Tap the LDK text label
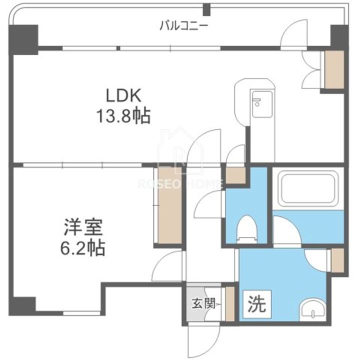tap(123, 94)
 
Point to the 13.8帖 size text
tap(123, 116)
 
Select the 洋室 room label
tap(83, 227)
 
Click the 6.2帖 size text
tap(83, 247)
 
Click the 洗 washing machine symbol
tap(254, 303)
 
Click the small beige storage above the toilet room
tap(235, 175)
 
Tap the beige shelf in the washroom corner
tap(337, 259)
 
